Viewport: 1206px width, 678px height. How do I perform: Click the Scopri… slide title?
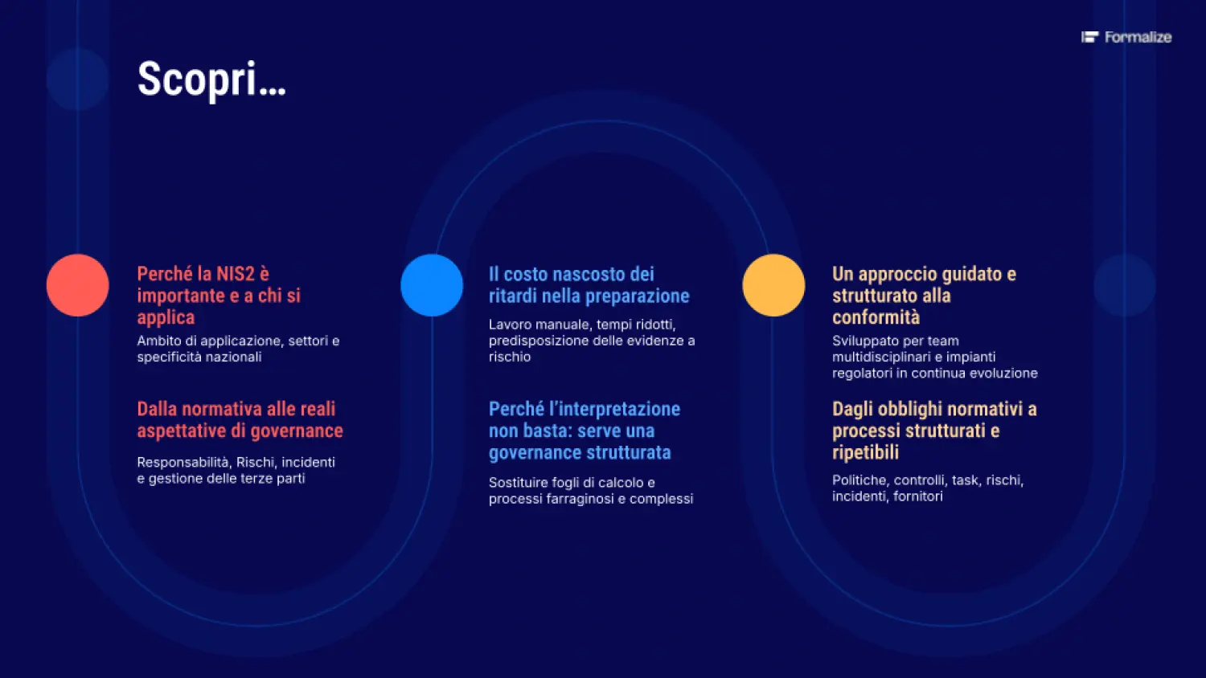point(211,80)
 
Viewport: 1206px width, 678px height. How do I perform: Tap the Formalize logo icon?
point(1089,37)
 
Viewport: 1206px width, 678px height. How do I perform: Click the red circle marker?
point(77,285)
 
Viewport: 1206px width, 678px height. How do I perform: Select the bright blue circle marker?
point(432,285)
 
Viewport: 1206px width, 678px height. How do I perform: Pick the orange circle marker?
point(773,285)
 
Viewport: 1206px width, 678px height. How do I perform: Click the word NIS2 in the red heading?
point(236,274)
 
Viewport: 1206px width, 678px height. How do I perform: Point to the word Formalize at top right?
point(1138,37)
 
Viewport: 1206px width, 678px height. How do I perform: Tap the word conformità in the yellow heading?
point(876,317)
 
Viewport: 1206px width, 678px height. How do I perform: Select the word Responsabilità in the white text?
point(185,462)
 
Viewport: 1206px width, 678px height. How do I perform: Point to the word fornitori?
point(918,496)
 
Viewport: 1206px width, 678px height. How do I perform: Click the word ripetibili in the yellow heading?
point(866,452)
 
